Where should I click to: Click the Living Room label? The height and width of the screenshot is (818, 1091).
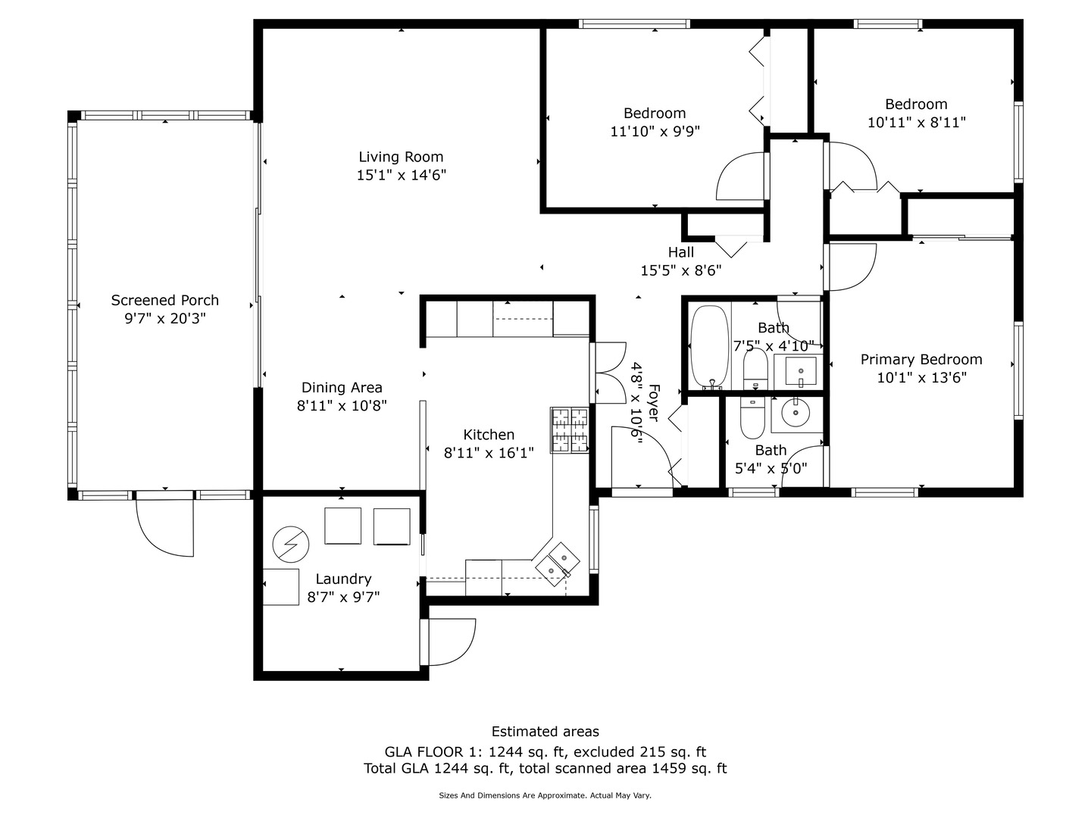(401, 157)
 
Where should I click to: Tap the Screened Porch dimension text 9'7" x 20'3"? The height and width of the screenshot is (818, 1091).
(165, 318)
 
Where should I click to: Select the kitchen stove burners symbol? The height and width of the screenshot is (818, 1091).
(569, 430)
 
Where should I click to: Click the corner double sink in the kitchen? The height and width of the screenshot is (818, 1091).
(556, 564)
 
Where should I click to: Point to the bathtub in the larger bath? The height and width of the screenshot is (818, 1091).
(710, 347)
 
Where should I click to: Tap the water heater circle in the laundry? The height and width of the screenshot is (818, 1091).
(291, 545)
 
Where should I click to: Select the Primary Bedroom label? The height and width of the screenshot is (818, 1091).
(921, 360)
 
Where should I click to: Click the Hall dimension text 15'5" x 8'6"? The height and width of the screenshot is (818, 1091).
(680, 270)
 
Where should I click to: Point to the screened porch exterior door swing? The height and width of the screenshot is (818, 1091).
(164, 527)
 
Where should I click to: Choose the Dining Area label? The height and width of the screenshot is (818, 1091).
(342, 387)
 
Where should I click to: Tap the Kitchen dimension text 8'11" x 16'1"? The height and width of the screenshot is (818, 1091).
(489, 453)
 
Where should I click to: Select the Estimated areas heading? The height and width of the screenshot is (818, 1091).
(545, 732)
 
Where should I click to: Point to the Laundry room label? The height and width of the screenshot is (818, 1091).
(343, 579)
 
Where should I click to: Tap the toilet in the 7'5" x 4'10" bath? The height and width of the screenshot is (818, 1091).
(755, 370)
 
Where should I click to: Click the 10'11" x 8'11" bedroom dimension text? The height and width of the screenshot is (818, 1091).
(917, 123)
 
